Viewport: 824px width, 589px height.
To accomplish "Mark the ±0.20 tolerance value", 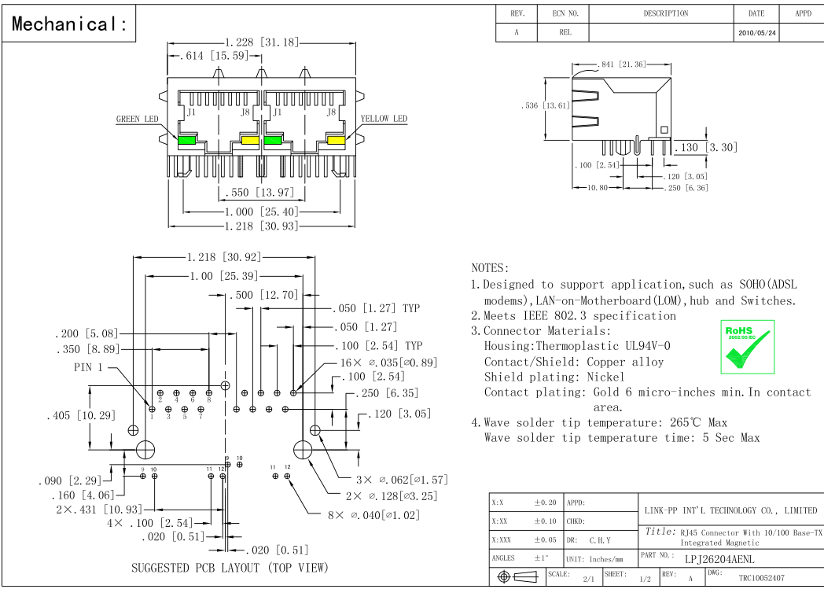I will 545,501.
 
